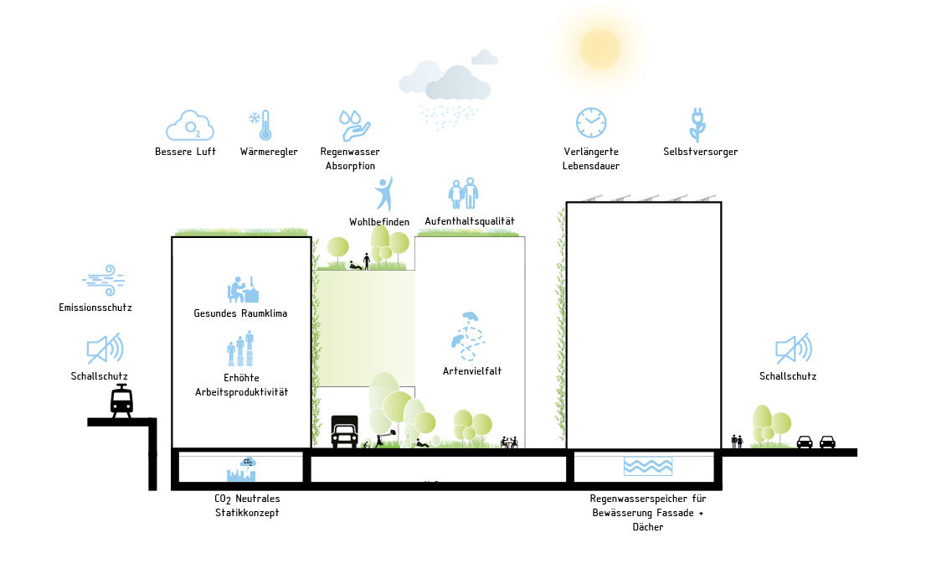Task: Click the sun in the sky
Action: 599,49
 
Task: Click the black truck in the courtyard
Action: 344,432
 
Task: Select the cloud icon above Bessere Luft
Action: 189,126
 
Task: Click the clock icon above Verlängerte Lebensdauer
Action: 590,122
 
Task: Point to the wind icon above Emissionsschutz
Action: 104,281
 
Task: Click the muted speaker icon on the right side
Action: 791,349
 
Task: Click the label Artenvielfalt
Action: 472,370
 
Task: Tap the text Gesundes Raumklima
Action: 240,313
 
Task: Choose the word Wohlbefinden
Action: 379,221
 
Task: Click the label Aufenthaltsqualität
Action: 470,221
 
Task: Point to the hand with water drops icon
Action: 353,126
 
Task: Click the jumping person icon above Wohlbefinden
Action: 383,194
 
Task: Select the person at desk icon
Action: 242,290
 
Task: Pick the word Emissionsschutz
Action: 95,308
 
